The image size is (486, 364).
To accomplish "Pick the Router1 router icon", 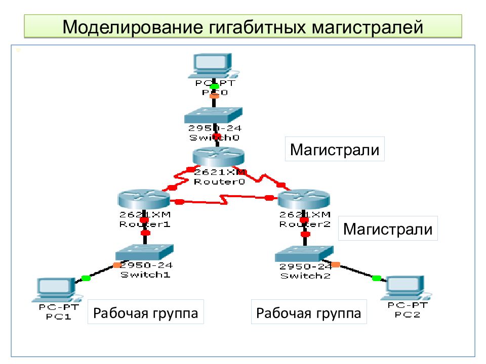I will (x=144, y=199).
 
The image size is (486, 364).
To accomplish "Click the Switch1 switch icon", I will (x=144, y=251).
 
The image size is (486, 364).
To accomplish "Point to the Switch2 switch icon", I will (x=305, y=253).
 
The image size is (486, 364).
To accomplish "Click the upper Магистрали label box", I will (x=335, y=149).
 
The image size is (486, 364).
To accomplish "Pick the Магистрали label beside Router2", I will (x=388, y=229).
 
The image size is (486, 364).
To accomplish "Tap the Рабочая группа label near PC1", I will (x=146, y=313).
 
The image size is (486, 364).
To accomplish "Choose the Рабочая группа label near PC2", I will (x=309, y=313).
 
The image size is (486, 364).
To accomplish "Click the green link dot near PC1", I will (x=86, y=278).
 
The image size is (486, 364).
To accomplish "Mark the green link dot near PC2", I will (x=376, y=278).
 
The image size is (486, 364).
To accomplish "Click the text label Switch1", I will (x=145, y=275).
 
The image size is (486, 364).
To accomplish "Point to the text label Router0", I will (x=219, y=181).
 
